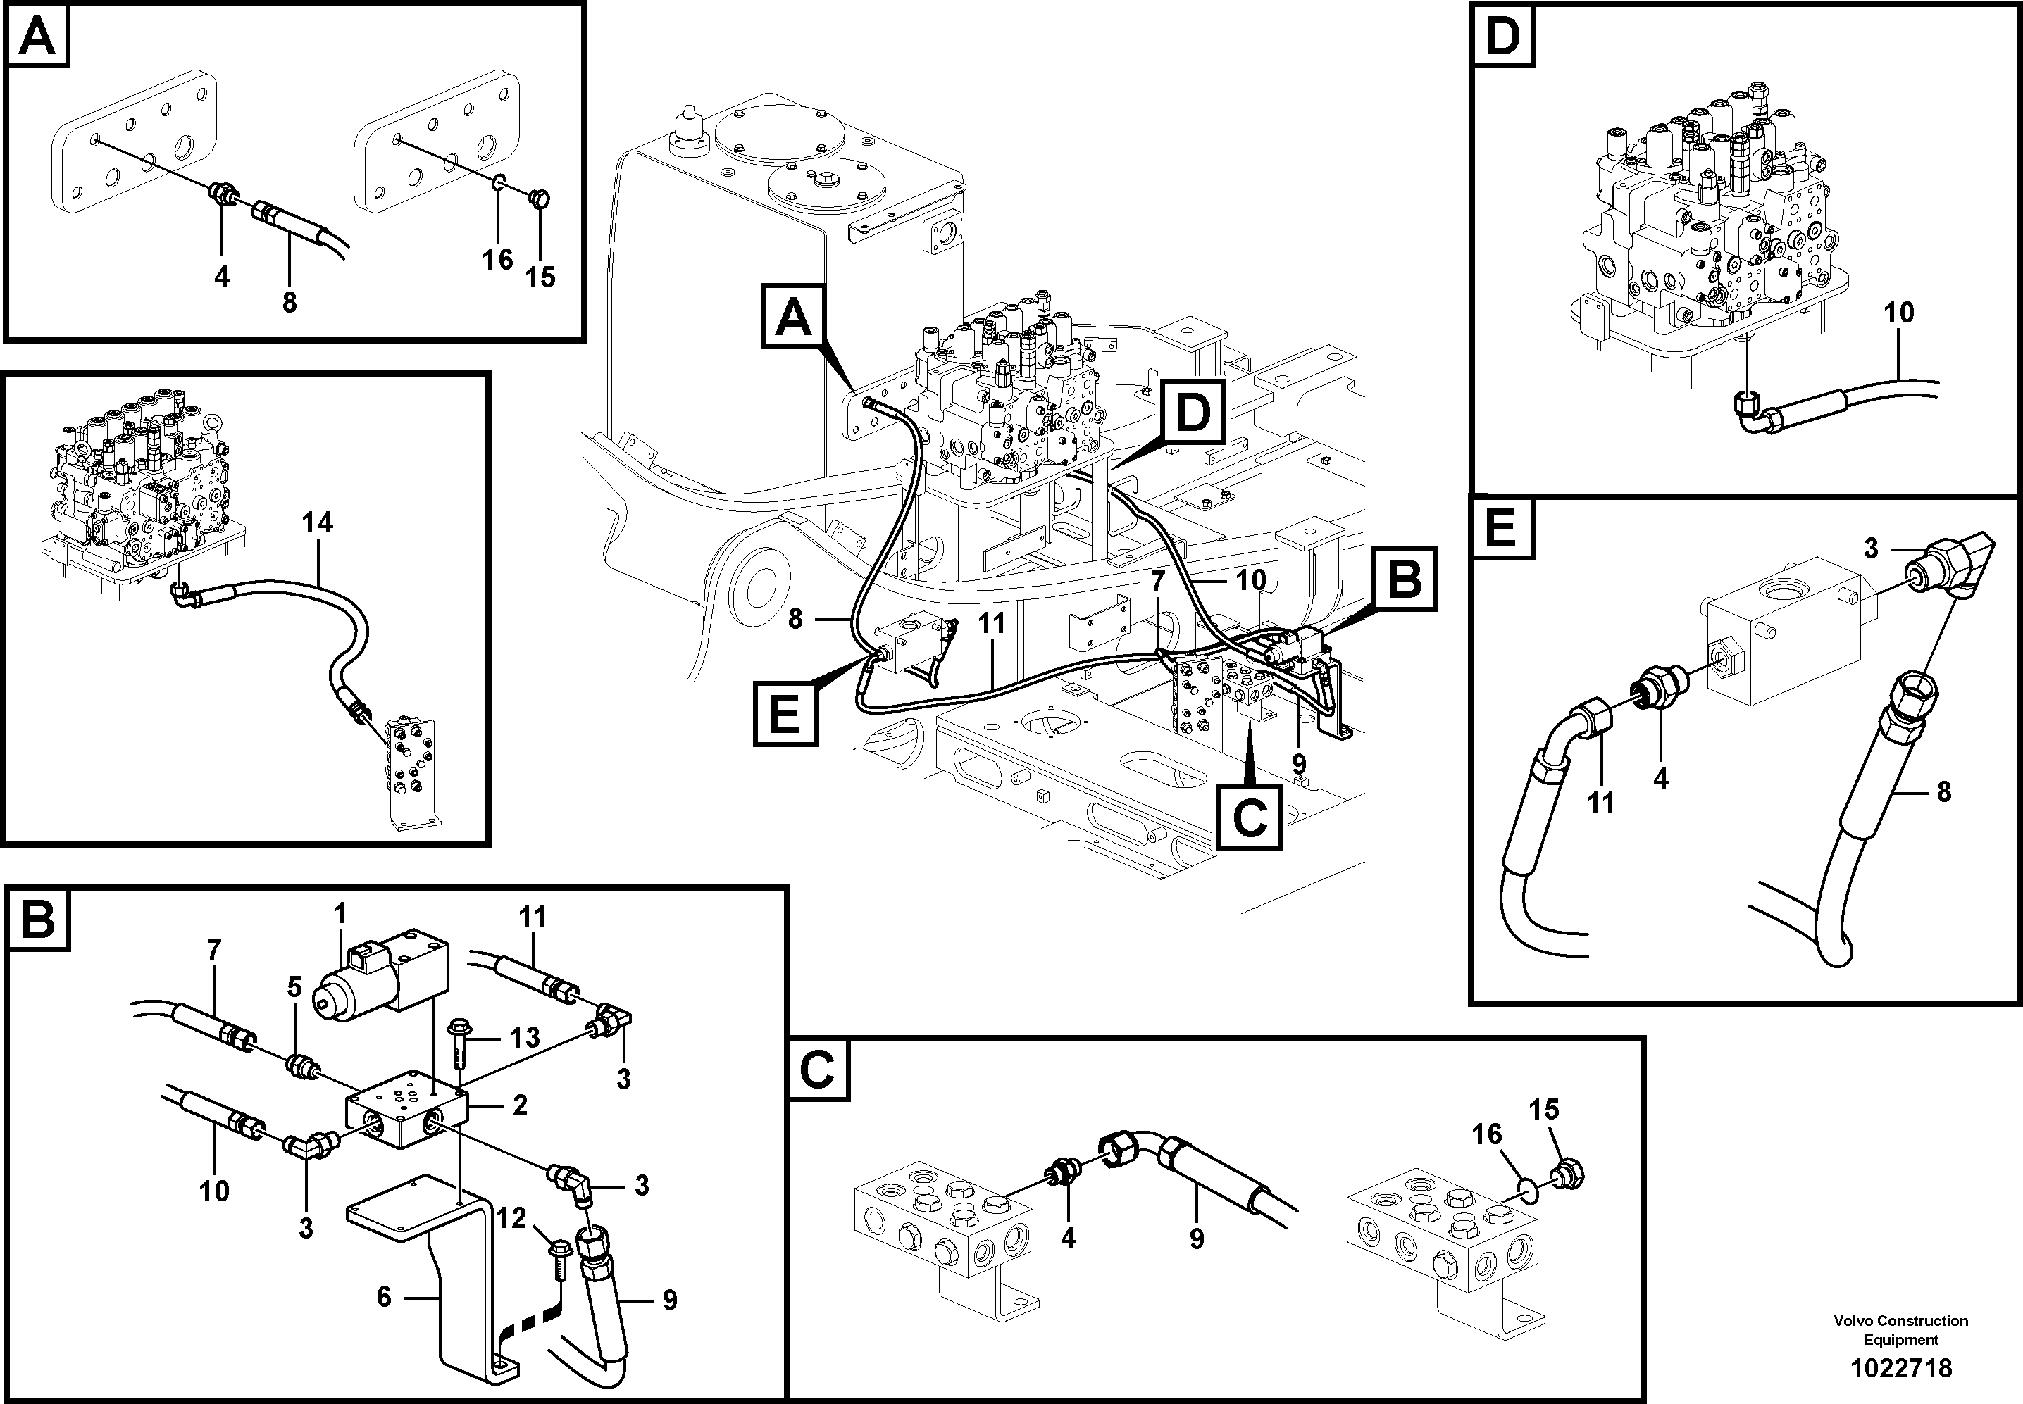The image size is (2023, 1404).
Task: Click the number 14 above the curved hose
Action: (x=317, y=522)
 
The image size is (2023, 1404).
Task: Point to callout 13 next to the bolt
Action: (x=525, y=1037)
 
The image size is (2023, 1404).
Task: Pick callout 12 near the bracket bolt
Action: (x=511, y=1218)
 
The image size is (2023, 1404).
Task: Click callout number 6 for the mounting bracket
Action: (x=384, y=1297)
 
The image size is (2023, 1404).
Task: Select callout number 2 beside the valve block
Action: (x=519, y=1105)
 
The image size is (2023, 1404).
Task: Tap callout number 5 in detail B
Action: (x=294, y=987)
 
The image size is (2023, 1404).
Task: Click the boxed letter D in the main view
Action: (x=1193, y=413)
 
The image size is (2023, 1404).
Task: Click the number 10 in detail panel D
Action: (x=1899, y=313)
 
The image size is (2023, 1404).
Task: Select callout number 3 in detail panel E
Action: (x=1871, y=548)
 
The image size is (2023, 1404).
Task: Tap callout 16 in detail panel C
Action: (x=1486, y=1135)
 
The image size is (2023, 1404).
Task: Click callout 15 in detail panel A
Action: (x=540, y=277)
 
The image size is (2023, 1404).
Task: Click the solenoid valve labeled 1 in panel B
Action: (x=387, y=978)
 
